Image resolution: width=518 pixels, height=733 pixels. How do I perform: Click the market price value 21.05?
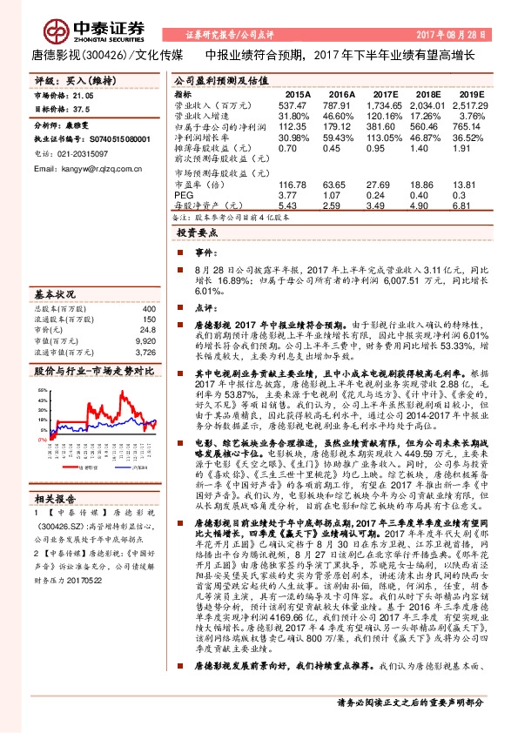(x=85, y=98)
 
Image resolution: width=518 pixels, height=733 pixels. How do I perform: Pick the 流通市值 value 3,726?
(x=145, y=353)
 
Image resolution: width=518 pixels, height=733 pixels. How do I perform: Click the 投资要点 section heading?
(x=198, y=235)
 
